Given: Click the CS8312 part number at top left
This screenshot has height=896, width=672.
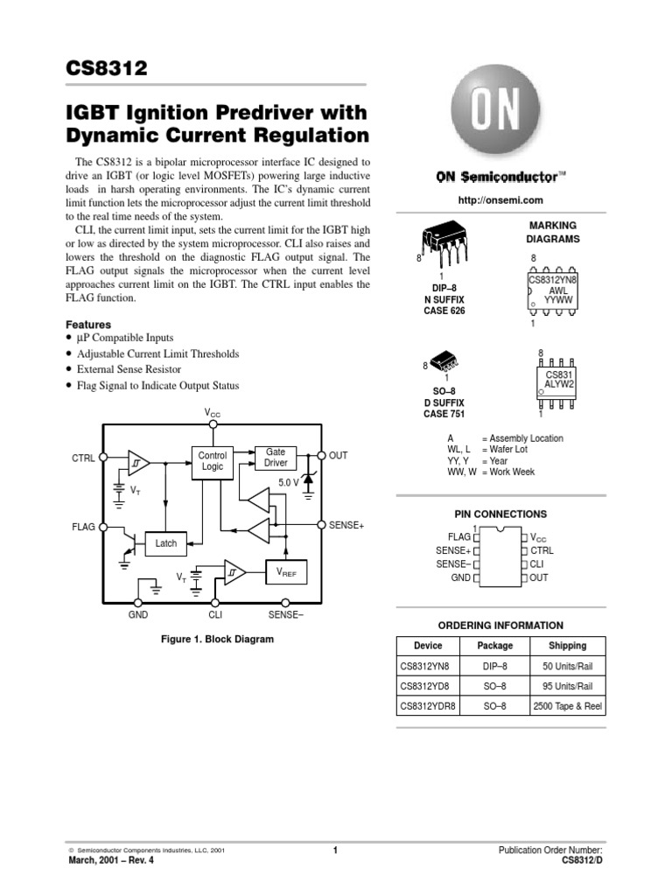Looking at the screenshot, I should tap(105, 67).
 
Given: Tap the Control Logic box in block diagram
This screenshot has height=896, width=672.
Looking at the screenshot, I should tap(212, 461).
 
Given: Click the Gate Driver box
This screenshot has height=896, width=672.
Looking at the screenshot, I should tap(276, 457).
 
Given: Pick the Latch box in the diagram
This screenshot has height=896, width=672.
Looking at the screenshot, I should tap(165, 543).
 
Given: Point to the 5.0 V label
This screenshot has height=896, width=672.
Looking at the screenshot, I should tap(288, 483).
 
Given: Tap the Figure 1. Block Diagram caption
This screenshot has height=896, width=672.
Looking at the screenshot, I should tap(217, 640).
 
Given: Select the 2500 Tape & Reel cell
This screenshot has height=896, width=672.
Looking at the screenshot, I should tap(567, 707).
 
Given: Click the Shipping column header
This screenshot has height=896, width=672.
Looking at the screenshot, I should tap(567, 646).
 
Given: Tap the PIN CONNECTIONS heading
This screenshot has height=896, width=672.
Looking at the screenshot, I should tap(500, 514).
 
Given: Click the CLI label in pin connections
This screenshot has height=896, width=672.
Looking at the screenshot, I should tap(537, 564).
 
